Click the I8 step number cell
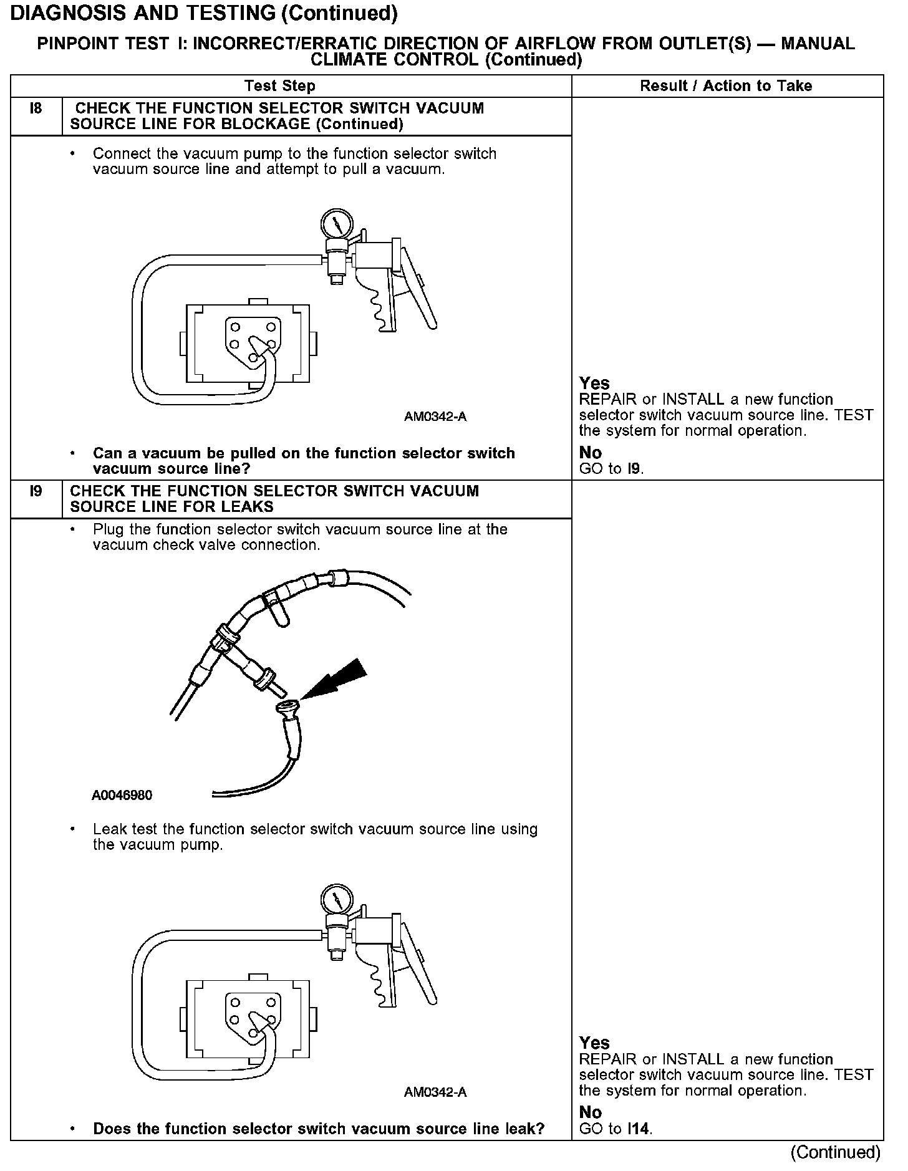(36, 109)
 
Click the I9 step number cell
(36, 491)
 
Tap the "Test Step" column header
(280, 86)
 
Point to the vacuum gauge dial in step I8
(336, 223)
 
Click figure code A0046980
(122, 796)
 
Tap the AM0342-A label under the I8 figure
(435, 417)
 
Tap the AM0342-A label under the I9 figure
(435, 1092)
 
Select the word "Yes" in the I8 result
(594, 383)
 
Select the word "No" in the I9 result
(590, 1112)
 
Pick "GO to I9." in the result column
(611, 469)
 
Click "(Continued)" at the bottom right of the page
(835, 1152)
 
